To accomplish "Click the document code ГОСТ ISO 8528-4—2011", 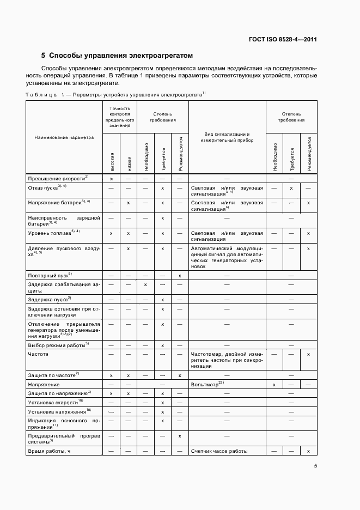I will pos(283,39).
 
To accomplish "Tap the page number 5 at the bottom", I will pos(315,465).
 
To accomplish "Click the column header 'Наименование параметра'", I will pos(64,137).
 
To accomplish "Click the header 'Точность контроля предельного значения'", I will pos(119,117).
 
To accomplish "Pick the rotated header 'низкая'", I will pos(128,162).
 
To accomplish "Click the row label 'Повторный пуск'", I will pos(50,275).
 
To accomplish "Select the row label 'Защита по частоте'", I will pos(53,375).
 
